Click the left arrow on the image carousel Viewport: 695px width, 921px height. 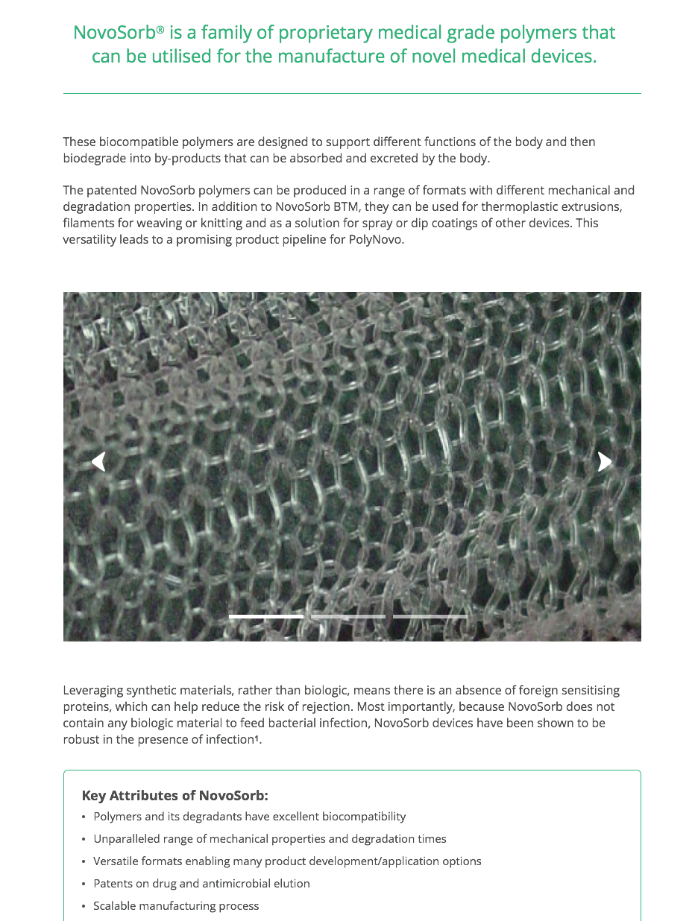click(98, 462)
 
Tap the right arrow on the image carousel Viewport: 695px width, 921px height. click(604, 462)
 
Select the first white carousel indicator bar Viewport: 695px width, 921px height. click(266, 617)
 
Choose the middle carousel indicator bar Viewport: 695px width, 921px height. click(348, 617)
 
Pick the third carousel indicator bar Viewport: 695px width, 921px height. click(430, 617)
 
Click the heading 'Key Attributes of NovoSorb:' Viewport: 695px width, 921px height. click(174, 795)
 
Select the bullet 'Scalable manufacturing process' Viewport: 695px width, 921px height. click(176, 906)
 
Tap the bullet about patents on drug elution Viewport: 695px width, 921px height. click(201, 884)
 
